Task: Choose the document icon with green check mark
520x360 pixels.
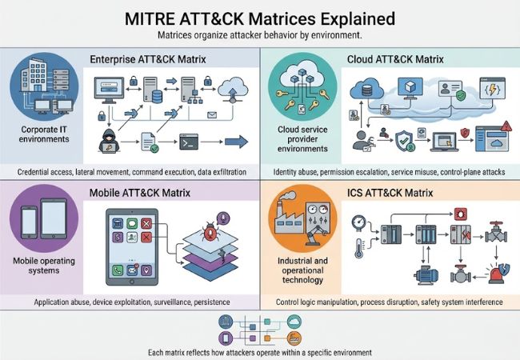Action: pos(150,144)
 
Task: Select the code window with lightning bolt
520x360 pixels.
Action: pos(489,87)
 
